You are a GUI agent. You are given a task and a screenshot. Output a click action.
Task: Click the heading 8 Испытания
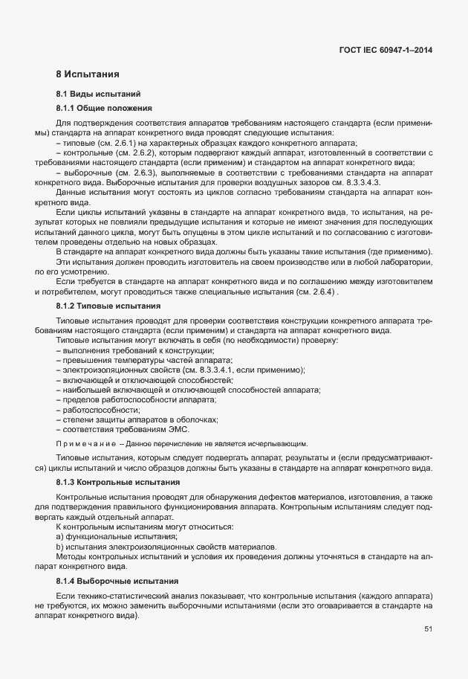tap(88, 74)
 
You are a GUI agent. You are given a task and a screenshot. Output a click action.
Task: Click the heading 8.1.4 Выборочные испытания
tap(107, 580)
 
